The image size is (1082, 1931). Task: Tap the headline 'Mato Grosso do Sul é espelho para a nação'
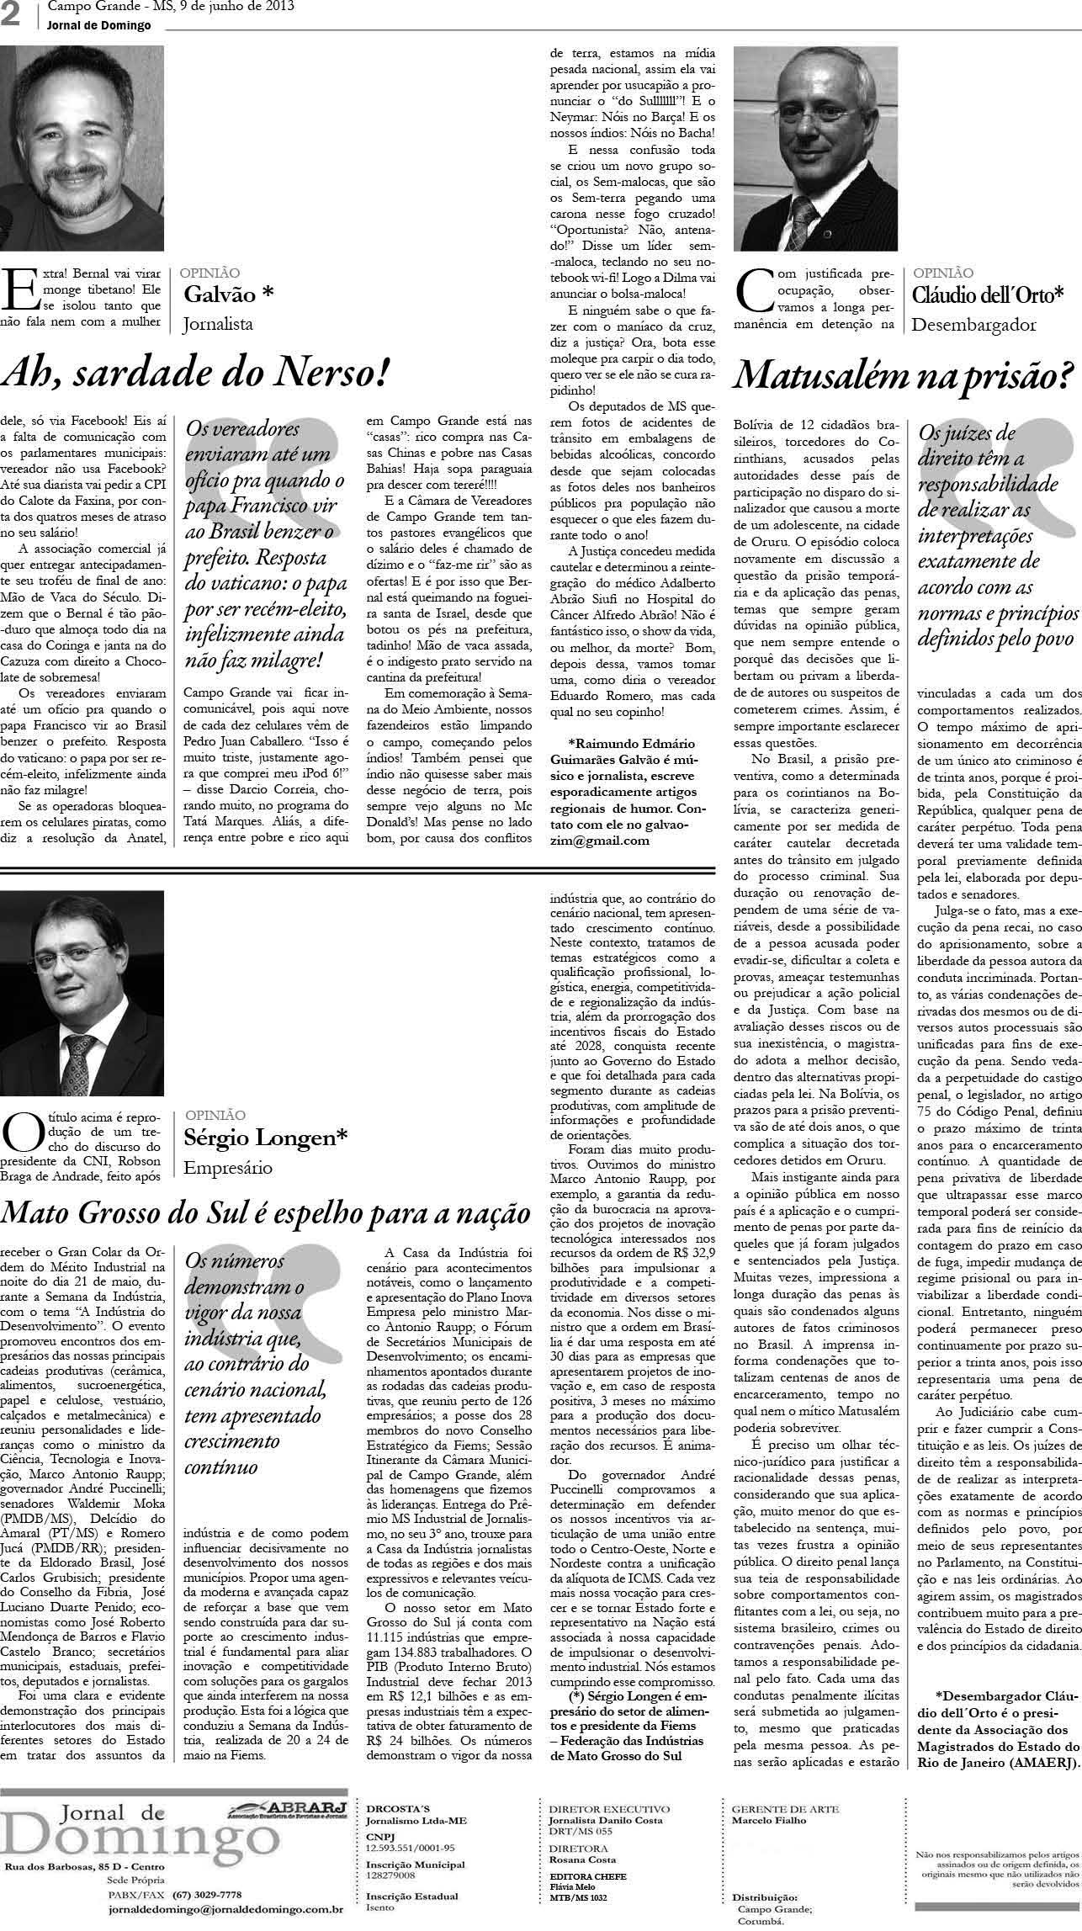267,1213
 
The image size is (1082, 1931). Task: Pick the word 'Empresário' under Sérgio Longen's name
228,1168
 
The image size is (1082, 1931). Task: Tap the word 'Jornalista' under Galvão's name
219,323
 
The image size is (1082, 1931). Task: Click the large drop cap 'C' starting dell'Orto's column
753,291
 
